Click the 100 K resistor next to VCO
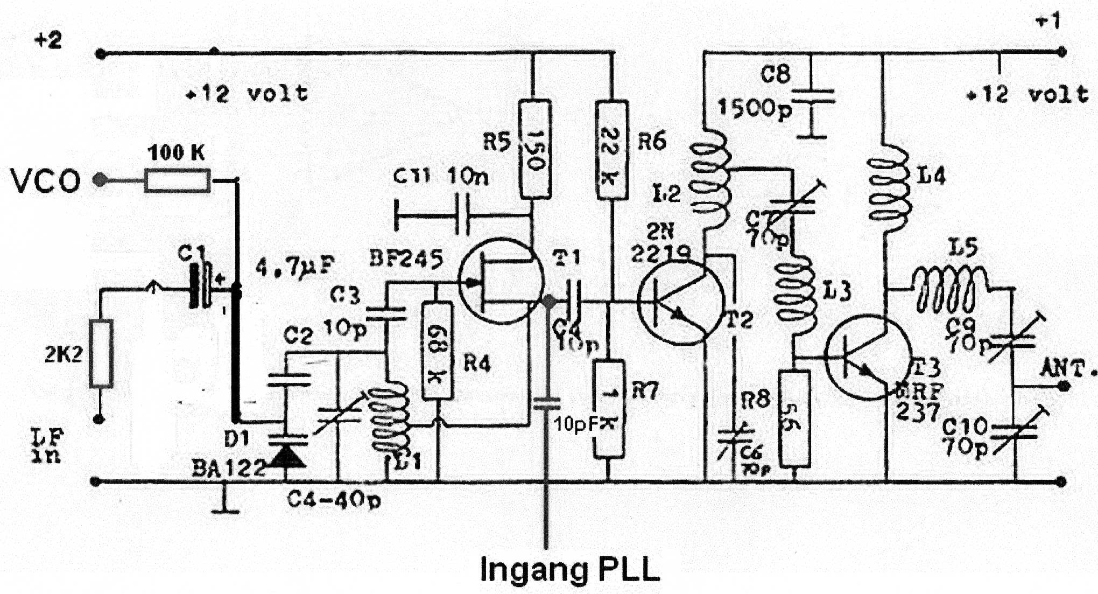177,180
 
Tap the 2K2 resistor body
101,353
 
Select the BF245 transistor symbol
501,281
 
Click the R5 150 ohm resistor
534,149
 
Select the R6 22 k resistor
611,150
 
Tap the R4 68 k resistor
437,351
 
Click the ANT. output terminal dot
1063,386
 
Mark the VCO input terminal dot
100,180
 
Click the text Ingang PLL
570,569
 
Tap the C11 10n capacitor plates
462,215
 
